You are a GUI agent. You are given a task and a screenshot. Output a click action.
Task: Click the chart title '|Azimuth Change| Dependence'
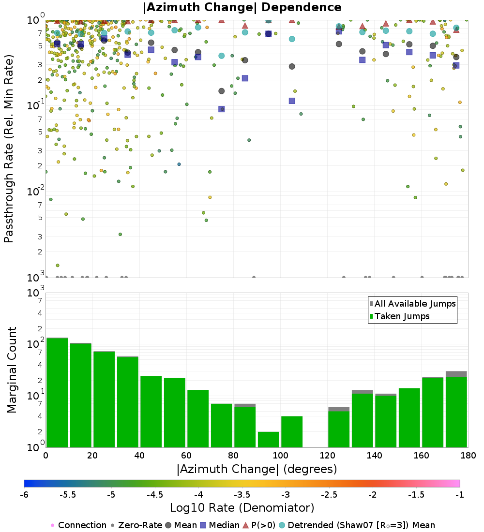(x=242, y=7)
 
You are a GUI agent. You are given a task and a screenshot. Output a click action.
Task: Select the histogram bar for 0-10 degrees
(x=57, y=392)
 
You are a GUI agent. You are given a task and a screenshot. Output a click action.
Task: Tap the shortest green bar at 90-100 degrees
(x=268, y=439)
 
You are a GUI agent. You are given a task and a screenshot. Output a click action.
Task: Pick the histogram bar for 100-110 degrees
(x=292, y=431)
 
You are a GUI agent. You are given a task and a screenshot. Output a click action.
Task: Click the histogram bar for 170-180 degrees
(x=456, y=411)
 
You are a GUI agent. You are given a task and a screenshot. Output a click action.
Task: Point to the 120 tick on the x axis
(x=327, y=456)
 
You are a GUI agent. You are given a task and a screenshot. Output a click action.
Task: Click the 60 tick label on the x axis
(x=186, y=456)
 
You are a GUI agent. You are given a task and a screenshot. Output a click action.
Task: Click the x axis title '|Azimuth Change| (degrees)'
(x=257, y=469)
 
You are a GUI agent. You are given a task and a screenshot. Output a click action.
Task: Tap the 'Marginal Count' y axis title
(x=12, y=370)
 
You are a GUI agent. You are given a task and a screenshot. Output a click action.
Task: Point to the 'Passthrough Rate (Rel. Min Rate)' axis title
(x=9, y=148)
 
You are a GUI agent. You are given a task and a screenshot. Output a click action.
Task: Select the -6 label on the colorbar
(x=24, y=495)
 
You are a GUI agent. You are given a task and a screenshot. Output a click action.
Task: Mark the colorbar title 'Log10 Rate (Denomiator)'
(x=242, y=508)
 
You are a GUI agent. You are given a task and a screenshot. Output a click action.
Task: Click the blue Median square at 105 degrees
(x=292, y=101)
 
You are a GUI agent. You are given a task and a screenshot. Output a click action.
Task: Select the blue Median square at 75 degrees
(x=221, y=109)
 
